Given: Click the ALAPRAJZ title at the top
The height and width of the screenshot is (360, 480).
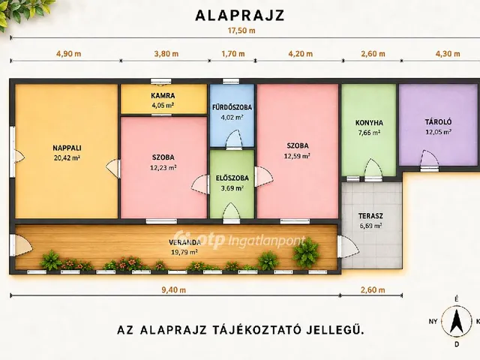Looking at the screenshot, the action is [240, 16].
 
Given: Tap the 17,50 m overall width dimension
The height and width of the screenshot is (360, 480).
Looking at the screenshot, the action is [241, 31].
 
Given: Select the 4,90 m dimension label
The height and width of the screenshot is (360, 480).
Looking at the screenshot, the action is [68, 54].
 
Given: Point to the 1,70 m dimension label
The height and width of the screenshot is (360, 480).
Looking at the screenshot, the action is [233, 54].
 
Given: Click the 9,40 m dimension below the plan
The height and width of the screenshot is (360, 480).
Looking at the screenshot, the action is [173, 290].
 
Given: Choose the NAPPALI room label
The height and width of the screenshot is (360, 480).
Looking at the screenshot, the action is [67, 148].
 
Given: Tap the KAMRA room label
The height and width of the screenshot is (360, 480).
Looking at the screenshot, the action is [163, 95].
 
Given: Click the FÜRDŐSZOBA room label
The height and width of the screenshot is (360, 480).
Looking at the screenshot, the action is [232, 107].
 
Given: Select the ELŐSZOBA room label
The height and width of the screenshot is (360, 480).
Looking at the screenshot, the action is [232, 178].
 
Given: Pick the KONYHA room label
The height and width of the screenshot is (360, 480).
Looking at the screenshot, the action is [369, 123].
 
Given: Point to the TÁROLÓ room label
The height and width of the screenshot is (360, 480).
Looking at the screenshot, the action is [438, 121].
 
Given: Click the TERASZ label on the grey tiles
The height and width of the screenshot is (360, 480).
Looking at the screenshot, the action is [370, 216].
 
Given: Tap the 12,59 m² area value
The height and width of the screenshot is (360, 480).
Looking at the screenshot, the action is [297, 156].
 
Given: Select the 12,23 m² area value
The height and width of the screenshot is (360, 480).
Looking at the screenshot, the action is [163, 167].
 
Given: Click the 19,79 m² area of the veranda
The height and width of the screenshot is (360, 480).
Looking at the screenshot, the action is [184, 252].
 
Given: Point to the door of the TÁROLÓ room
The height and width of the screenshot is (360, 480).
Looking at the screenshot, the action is [429, 160].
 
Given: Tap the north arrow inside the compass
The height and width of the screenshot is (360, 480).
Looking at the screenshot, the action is [457, 322].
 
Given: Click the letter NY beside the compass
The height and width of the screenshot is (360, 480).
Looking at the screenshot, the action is [433, 322].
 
